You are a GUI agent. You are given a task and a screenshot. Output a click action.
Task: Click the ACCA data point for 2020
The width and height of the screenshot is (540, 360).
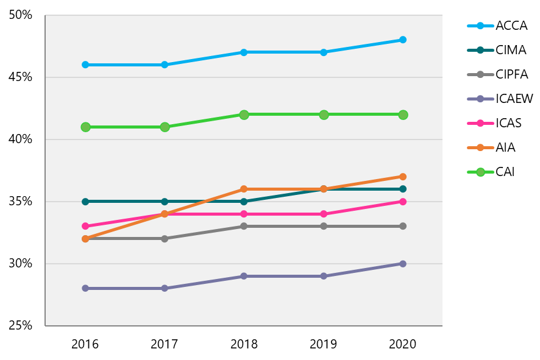pos(403,40)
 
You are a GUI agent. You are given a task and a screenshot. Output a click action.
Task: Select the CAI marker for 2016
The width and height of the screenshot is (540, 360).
pos(85,127)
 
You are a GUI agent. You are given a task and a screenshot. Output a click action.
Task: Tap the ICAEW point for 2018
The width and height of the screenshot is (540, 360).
pos(244,276)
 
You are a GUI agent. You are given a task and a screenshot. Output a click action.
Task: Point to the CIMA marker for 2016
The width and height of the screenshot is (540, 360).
pos(85,201)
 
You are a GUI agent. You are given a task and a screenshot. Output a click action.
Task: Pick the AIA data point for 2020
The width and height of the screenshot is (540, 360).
pos(403,177)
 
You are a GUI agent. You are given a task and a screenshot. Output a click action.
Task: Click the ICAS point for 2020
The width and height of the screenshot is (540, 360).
pos(403,201)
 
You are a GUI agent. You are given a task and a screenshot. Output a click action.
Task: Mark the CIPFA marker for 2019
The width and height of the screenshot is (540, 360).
pos(324,226)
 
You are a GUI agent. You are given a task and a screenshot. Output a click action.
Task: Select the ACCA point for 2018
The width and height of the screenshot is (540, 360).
pos(244,52)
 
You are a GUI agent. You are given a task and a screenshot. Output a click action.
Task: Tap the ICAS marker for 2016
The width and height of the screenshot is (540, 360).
pos(85,226)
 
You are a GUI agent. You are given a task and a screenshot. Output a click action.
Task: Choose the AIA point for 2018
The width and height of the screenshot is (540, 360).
pos(244,189)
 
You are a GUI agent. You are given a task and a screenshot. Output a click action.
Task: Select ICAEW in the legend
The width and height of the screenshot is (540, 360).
pos(514,99)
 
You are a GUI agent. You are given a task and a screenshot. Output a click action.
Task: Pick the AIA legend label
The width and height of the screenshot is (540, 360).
pos(505,147)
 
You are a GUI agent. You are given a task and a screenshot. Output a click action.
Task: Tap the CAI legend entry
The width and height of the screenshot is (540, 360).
pos(505,172)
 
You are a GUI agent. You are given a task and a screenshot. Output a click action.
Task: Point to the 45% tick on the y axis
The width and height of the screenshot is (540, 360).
pos(21,77)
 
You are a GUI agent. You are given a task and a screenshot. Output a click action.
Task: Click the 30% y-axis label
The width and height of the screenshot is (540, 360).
pos(21,263)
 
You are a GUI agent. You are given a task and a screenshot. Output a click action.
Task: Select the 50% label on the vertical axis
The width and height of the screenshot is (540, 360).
pos(21,15)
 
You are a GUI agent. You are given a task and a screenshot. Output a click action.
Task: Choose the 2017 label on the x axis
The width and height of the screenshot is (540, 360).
pos(165,344)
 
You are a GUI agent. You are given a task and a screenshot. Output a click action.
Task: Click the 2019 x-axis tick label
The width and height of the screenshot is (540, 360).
pos(324,344)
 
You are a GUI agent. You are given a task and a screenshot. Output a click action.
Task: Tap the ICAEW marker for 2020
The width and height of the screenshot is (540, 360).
pos(403,263)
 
